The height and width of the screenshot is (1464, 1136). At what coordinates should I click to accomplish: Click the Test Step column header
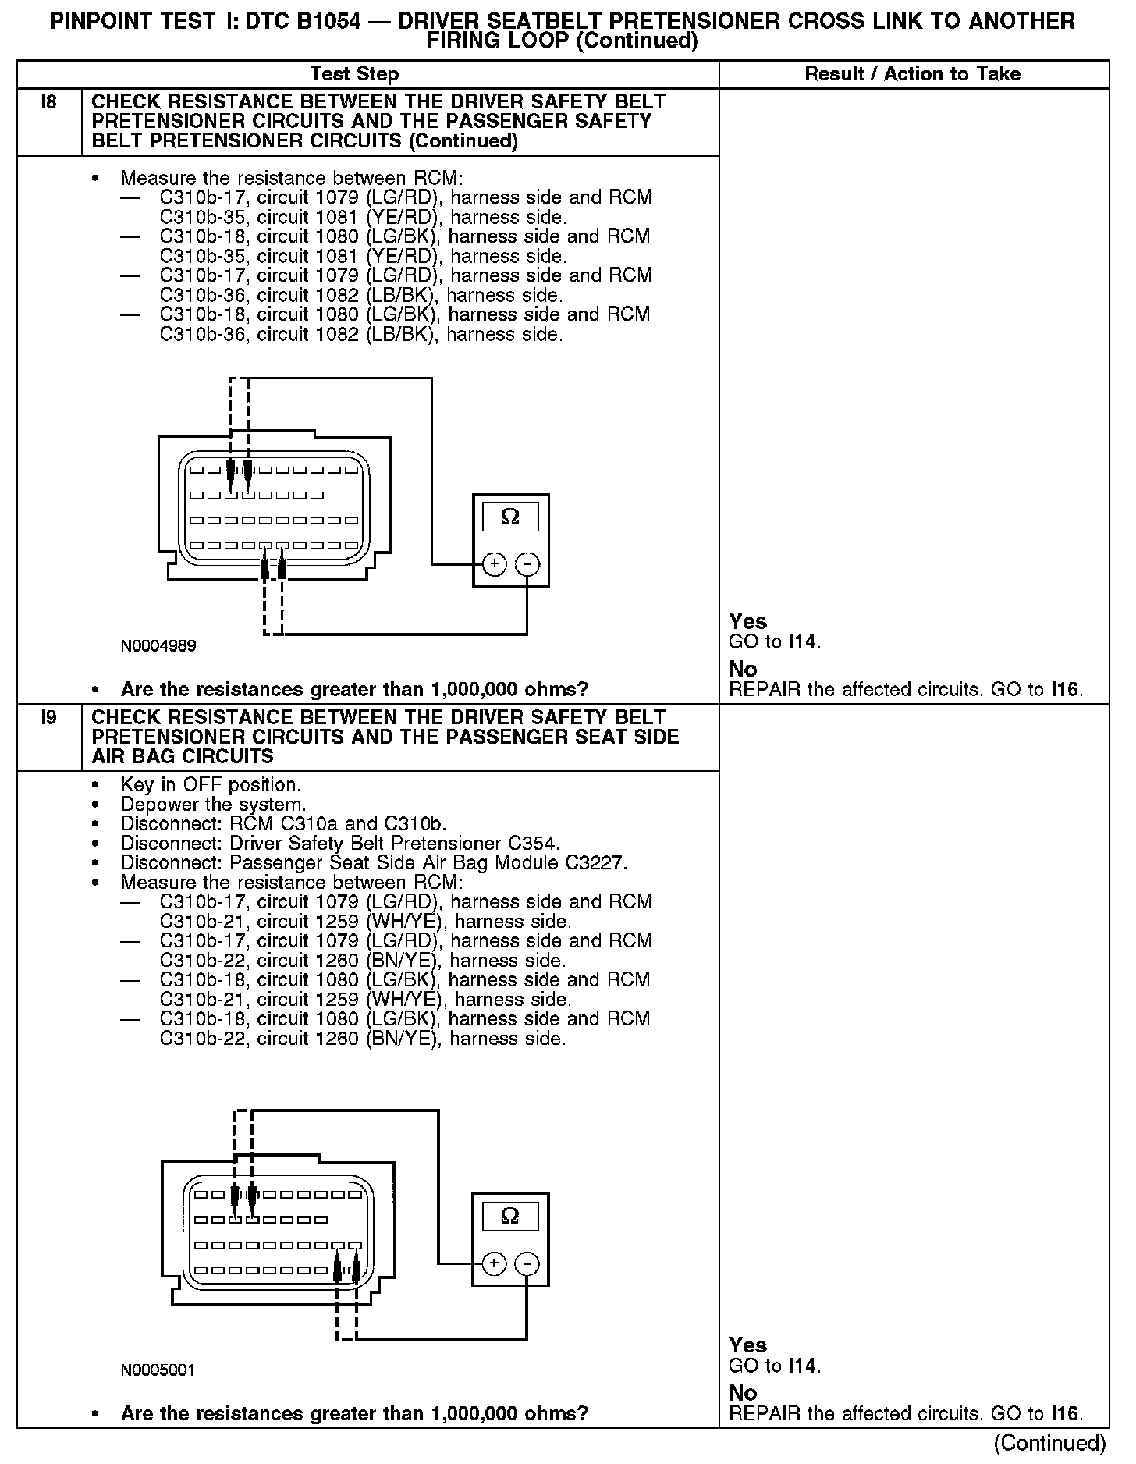coord(354,74)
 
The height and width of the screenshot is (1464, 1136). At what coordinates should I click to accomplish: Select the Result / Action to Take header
coord(912,74)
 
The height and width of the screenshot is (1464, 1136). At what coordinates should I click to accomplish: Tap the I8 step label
coord(48,102)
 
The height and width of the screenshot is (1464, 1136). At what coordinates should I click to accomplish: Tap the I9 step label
coord(48,718)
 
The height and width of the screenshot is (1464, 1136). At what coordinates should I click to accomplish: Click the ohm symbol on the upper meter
coord(510,517)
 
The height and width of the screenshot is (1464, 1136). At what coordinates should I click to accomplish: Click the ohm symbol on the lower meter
coord(510,1216)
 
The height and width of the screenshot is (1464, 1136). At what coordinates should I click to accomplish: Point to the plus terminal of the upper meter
coord(493,563)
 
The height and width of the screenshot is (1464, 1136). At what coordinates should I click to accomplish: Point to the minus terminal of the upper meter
coord(528,563)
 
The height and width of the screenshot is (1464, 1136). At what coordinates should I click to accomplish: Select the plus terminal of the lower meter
coord(493,1263)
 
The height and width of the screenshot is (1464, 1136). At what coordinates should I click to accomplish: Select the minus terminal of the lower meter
coord(528,1263)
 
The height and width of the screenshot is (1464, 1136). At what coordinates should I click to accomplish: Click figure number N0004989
coord(158,646)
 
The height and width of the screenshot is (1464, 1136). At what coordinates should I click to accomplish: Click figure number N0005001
coord(158,1370)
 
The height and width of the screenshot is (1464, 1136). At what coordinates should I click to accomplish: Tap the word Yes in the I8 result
coord(747,621)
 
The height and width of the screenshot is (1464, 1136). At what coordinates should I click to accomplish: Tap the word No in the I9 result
coord(743,1393)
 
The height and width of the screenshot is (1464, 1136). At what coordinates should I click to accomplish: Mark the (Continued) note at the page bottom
coord(1050,1444)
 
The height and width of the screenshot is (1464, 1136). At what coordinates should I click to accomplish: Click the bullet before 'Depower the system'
coord(95,805)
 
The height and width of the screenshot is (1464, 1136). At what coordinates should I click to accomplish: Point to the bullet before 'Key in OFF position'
coord(95,785)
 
